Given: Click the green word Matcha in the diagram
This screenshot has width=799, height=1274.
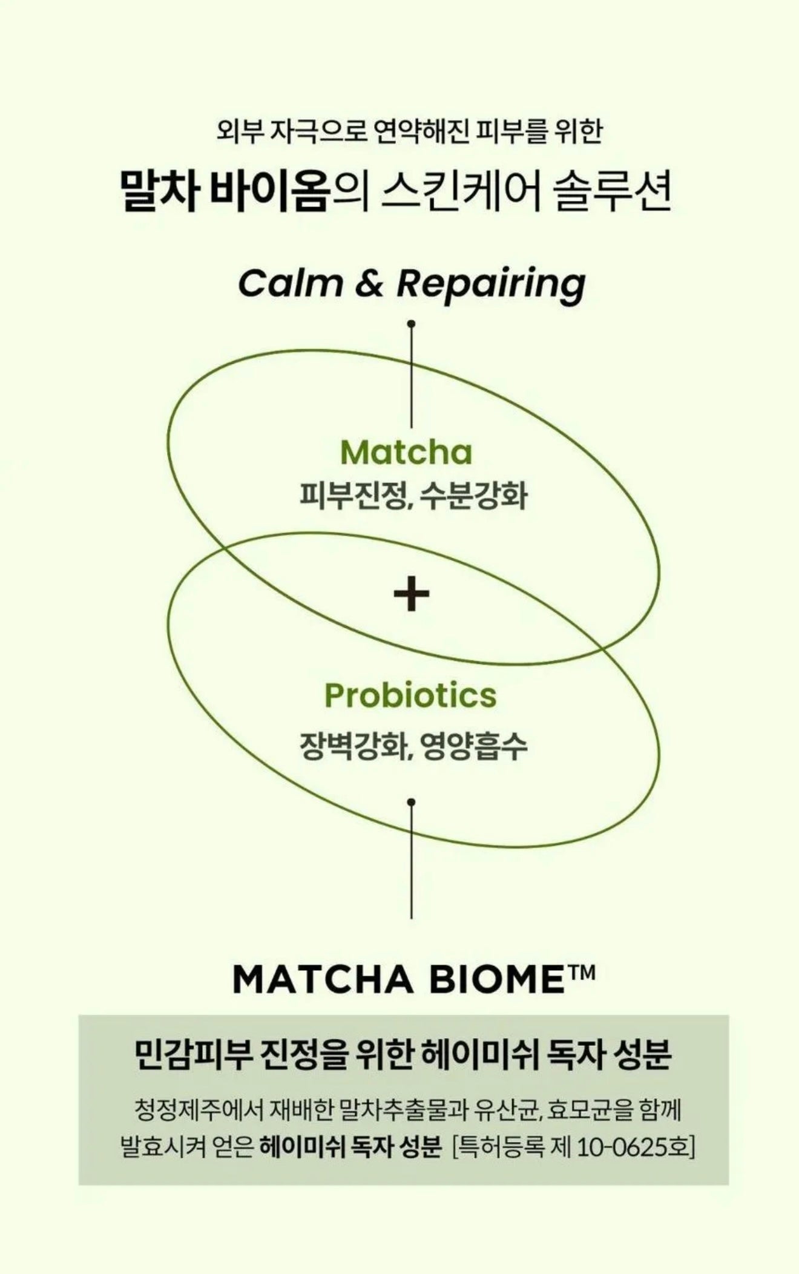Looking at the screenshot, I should pyautogui.click(x=406, y=453).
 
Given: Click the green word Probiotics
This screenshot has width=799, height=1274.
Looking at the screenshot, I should pyautogui.click(x=410, y=695).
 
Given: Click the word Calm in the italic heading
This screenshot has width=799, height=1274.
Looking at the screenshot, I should pyautogui.click(x=290, y=283).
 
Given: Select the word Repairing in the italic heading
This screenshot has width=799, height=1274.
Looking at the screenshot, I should pyautogui.click(x=491, y=284).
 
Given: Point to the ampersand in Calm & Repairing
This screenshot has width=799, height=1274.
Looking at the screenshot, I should pyautogui.click(x=369, y=283).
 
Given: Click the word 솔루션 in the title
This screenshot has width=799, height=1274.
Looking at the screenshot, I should pyautogui.click(x=612, y=192).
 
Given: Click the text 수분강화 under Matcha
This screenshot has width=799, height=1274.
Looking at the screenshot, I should pyautogui.click(x=472, y=496).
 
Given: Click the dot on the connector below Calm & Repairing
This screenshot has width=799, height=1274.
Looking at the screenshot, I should pyautogui.click(x=412, y=324).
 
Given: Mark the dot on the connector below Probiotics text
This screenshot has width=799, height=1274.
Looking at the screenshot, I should pyautogui.click(x=412, y=802).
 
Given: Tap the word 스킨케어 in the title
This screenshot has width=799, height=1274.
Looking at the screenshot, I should pyautogui.click(x=461, y=192).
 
